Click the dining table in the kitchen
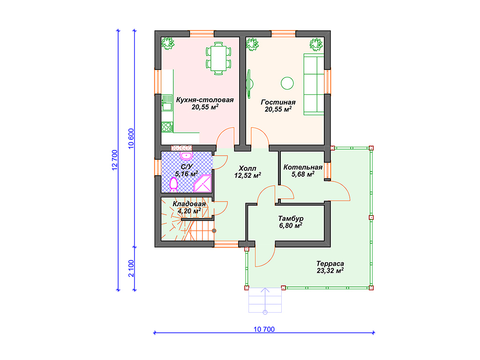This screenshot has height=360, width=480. (x=218, y=58)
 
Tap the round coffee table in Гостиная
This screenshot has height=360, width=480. (x=287, y=83)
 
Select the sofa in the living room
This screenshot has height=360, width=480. (x=314, y=84)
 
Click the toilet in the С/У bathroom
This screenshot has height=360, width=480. (x=173, y=185)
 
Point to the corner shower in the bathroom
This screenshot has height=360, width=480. (x=203, y=183)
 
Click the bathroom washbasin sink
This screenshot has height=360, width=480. (x=186, y=156)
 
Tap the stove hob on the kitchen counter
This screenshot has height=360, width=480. (x=167, y=127)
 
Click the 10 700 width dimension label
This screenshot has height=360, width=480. (x=264, y=330)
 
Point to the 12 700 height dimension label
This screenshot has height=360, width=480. (x=115, y=160)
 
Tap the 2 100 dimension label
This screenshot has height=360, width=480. (x=131, y=269)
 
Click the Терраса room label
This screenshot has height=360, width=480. (x=330, y=263)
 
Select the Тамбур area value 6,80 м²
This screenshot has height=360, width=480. (x=291, y=225)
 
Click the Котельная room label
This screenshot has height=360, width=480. (x=303, y=167)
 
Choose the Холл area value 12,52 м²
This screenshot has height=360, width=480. (x=247, y=175)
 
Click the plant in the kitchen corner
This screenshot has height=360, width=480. (x=167, y=43)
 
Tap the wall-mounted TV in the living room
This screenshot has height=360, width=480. (x=249, y=84)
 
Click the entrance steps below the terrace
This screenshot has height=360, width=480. (x=265, y=300)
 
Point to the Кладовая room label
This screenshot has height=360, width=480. (x=189, y=204)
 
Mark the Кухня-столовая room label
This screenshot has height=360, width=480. (x=205, y=100)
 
